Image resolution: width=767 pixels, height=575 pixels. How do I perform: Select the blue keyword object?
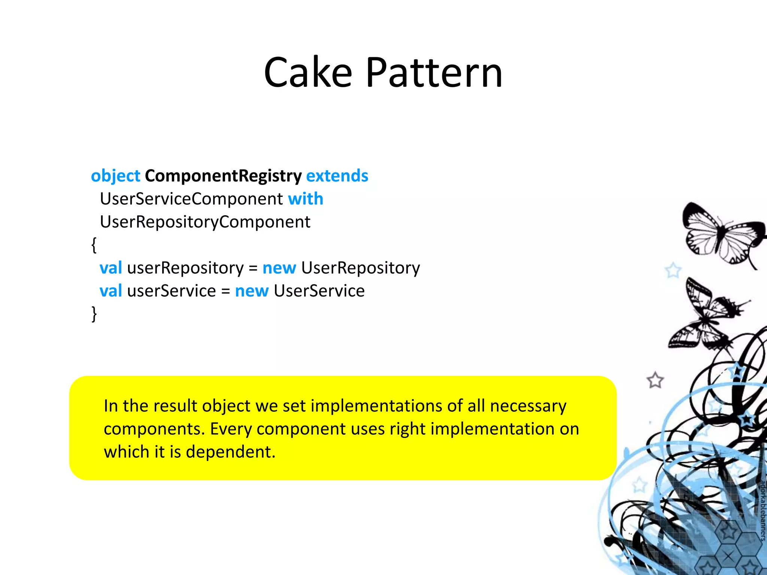[115, 176]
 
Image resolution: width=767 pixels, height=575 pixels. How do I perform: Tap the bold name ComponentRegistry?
[223, 176]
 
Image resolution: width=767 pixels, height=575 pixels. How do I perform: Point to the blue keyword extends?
[337, 176]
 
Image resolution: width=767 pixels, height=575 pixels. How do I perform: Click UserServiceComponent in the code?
[191, 199]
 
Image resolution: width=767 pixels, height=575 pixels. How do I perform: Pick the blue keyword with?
[306, 199]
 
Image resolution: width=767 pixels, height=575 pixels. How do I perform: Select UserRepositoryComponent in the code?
[205, 222]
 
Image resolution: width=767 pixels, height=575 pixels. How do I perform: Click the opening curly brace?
[94, 245]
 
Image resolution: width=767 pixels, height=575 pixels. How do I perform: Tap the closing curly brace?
[94, 314]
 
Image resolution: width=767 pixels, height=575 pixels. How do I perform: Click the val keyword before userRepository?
[111, 268]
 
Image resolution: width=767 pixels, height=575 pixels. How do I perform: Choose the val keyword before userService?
[111, 291]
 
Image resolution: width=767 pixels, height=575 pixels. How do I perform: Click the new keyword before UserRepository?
[279, 268]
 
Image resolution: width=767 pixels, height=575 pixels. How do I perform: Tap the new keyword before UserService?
[252, 291]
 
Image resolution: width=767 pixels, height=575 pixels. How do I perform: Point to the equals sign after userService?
[225, 291]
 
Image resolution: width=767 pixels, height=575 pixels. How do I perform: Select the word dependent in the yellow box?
[230, 452]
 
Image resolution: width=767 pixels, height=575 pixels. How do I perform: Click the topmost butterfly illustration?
[721, 234]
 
